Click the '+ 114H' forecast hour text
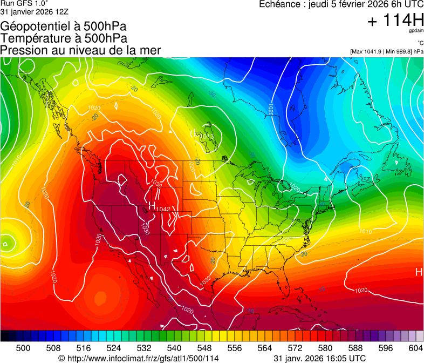(395, 21)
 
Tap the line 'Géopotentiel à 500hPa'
(59, 26)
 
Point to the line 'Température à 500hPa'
(64, 38)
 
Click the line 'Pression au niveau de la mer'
(80, 50)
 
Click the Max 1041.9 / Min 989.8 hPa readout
(386, 51)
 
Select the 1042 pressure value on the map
(163, 209)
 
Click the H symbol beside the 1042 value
(152, 206)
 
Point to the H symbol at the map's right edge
(419, 272)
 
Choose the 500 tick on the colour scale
(23, 347)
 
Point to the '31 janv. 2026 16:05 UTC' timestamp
(320, 358)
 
